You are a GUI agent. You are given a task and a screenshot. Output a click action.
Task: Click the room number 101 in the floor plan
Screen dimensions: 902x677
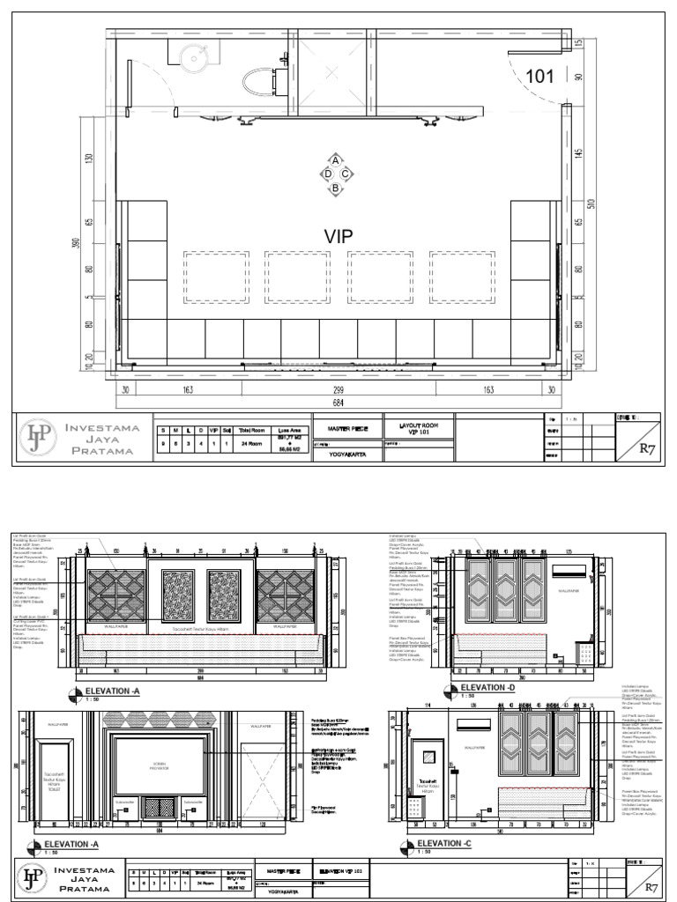click(x=539, y=77)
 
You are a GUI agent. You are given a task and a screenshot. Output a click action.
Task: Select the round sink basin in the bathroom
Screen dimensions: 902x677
click(x=193, y=58)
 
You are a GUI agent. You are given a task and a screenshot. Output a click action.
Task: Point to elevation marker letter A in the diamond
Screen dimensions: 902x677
click(x=336, y=160)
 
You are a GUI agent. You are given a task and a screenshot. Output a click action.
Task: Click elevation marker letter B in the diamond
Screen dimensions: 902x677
click(x=336, y=187)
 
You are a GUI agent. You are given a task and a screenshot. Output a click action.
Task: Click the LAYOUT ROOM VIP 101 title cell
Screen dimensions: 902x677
click(x=418, y=429)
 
